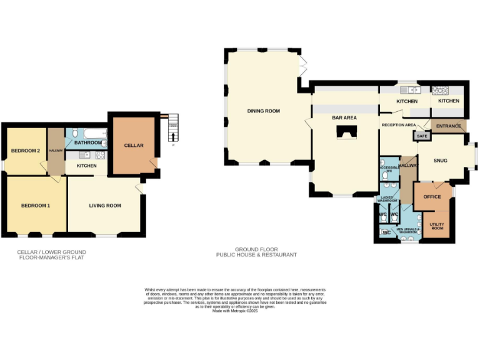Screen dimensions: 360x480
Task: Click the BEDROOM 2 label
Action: [x=26, y=151]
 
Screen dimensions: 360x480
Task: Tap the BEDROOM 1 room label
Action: [x=35, y=206]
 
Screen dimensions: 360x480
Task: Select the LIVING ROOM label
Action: [x=105, y=206]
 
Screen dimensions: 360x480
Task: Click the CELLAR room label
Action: [x=134, y=146]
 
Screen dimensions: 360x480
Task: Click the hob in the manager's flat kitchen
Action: [x=100, y=154]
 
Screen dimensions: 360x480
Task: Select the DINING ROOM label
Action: [x=263, y=111]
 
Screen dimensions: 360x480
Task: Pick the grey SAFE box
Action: [x=422, y=136]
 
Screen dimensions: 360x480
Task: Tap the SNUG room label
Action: [x=441, y=161]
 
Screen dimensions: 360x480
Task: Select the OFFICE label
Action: [x=432, y=197]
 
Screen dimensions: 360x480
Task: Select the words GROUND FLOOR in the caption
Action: [x=247, y=249]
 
